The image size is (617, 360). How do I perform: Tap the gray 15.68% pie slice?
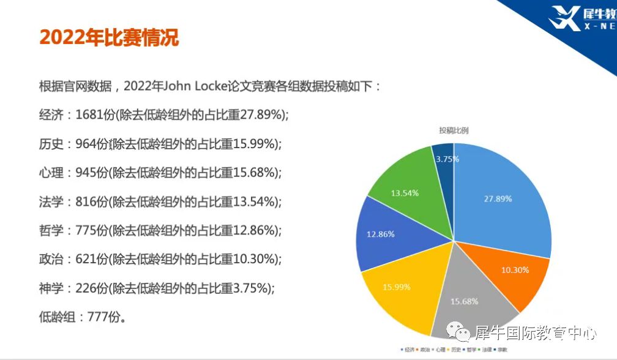coord(465,300)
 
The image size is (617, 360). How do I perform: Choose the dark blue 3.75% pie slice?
coord(444,159)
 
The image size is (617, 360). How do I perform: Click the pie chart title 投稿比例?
coord(454,130)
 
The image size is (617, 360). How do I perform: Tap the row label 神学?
coord(51,288)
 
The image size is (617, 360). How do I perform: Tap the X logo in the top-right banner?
coord(564,18)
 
